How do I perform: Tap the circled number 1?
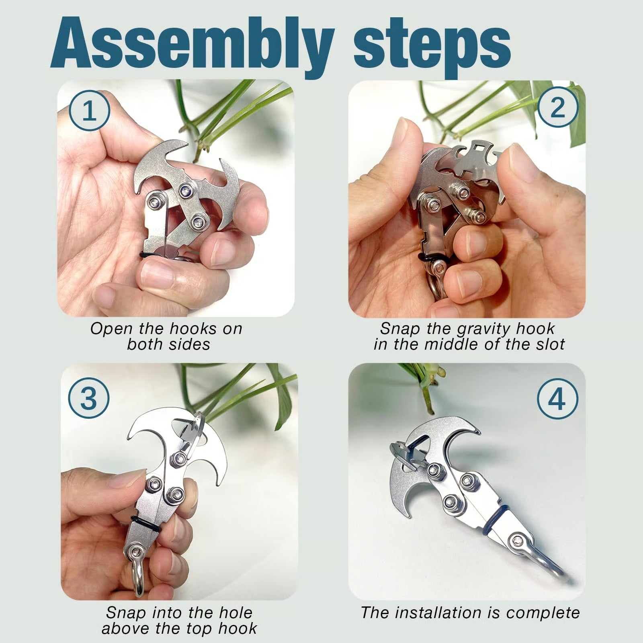click(x=89, y=110)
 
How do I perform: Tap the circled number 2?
click(x=557, y=107)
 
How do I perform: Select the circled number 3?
click(x=89, y=398)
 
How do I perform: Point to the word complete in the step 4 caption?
click(x=543, y=613)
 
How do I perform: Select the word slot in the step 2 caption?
click(x=548, y=344)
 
